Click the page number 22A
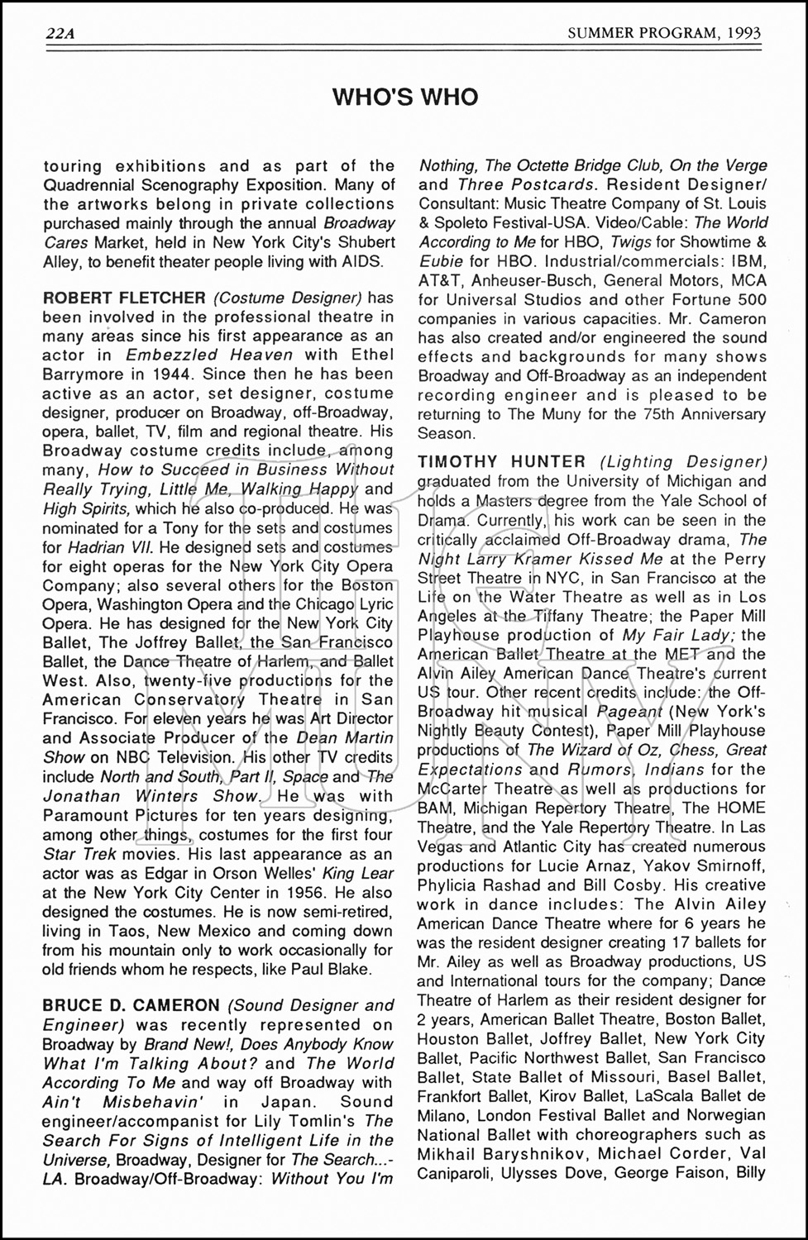tap(60, 33)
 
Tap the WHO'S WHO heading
tap(404, 98)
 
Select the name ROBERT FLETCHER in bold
tap(124, 298)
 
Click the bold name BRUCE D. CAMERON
tap(131, 1006)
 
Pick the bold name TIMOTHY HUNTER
tap(502, 462)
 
